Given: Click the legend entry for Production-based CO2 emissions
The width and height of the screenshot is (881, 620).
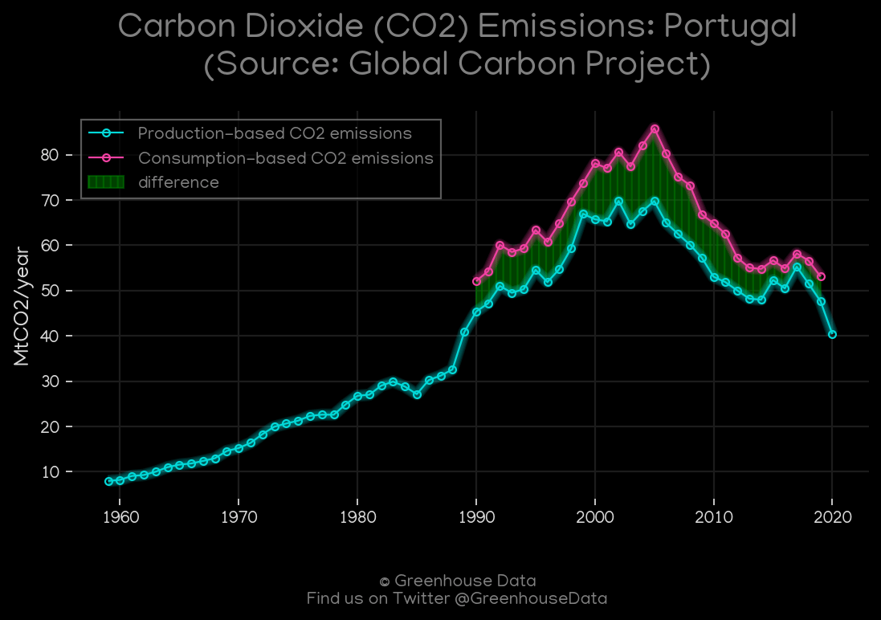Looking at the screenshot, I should click(x=275, y=133).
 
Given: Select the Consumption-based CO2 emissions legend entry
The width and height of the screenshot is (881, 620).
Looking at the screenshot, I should click(x=285, y=158).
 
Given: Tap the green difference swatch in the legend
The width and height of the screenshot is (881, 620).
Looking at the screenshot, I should click(x=106, y=182).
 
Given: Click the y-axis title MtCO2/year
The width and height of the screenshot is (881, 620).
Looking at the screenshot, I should click(x=22, y=307).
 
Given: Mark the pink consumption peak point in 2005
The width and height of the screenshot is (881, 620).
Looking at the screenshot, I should click(x=655, y=128).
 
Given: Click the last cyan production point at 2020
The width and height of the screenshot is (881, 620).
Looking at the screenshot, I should click(x=832, y=334).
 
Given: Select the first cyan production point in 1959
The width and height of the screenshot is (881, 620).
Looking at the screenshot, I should click(x=108, y=481).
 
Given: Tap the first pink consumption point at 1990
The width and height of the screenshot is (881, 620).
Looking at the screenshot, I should click(x=476, y=281).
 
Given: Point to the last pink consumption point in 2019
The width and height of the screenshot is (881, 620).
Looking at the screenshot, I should click(x=821, y=276).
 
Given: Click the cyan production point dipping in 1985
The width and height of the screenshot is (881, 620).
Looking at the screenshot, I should click(x=417, y=394).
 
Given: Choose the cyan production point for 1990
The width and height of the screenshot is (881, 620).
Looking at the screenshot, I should click(x=476, y=312).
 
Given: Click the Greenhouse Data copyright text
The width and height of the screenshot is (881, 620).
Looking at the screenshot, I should click(x=457, y=581).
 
